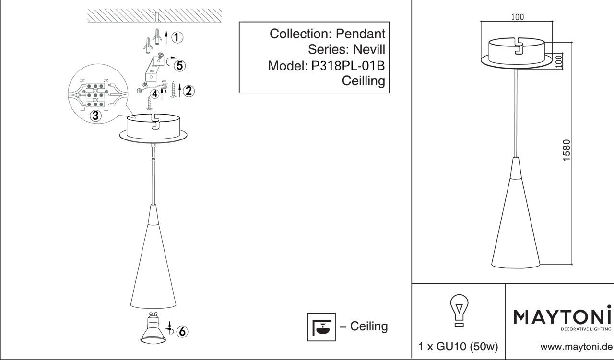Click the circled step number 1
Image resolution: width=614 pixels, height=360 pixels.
(177, 37)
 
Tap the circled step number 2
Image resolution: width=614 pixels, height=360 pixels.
(189, 91)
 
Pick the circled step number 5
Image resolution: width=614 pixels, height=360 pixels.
(180, 65)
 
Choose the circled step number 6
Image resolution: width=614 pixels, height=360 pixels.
(182, 331)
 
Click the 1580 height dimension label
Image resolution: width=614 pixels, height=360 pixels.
(567, 150)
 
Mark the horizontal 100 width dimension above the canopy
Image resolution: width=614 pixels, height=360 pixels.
(517, 17)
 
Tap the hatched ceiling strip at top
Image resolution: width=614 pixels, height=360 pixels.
(154, 15)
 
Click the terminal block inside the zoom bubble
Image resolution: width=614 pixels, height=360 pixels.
(95, 94)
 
